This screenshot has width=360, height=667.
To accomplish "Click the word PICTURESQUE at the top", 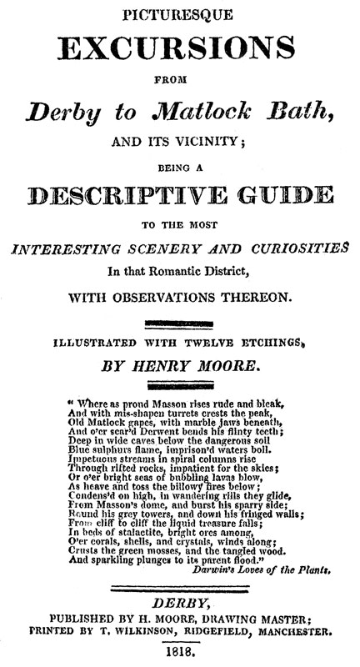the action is (x=180, y=12).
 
